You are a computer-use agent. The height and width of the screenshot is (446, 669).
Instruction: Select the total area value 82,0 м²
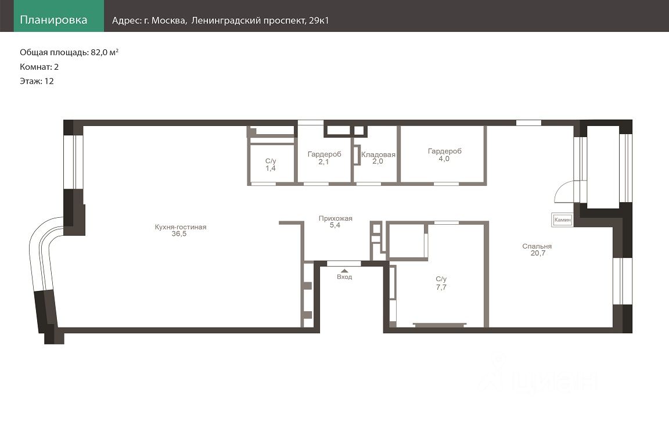click(x=105, y=52)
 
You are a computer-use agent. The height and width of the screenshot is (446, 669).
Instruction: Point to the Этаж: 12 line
click(x=37, y=81)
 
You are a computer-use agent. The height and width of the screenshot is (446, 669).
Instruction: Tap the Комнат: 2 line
click(x=39, y=67)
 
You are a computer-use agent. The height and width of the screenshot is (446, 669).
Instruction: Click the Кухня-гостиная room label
click(x=181, y=227)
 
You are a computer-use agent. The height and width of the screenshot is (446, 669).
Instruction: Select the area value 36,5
click(x=179, y=234)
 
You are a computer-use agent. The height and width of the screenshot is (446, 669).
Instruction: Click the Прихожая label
click(x=335, y=218)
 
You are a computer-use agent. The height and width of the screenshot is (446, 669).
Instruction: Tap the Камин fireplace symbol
click(x=562, y=220)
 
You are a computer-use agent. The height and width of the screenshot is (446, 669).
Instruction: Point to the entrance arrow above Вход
click(x=344, y=271)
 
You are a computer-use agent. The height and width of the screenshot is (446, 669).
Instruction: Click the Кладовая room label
click(x=378, y=154)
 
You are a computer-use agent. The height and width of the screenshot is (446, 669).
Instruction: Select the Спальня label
click(x=537, y=246)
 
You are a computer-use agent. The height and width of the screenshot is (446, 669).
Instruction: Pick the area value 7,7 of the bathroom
click(x=441, y=287)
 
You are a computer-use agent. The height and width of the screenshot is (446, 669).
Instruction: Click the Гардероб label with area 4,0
click(x=445, y=151)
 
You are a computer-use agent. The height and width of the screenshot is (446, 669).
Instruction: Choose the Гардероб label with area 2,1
click(x=324, y=154)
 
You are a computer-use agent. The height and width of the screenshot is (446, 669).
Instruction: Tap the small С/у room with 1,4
click(x=271, y=165)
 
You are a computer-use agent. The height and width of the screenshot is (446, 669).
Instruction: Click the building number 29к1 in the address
click(x=319, y=20)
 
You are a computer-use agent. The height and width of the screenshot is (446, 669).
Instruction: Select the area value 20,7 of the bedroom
click(x=538, y=253)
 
